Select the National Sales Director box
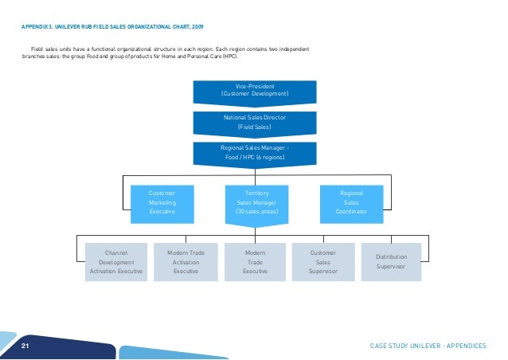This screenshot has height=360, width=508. click(x=254, y=121)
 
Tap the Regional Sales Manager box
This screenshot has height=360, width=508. click(x=254, y=152)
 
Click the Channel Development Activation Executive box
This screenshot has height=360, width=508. click(x=116, y=261)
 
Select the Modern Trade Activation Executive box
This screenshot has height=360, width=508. click(x=186, y=261)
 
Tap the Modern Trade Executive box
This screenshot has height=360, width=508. click(x=255, y=261)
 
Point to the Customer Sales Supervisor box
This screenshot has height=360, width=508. click(x=323, y=261)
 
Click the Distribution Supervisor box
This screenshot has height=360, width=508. click(x=392, y=261)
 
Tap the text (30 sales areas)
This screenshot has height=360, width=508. click(x=254, y=213)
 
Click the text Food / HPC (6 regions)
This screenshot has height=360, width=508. click(x=254, y=157)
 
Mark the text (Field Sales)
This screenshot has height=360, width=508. click(x=254, y=127)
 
